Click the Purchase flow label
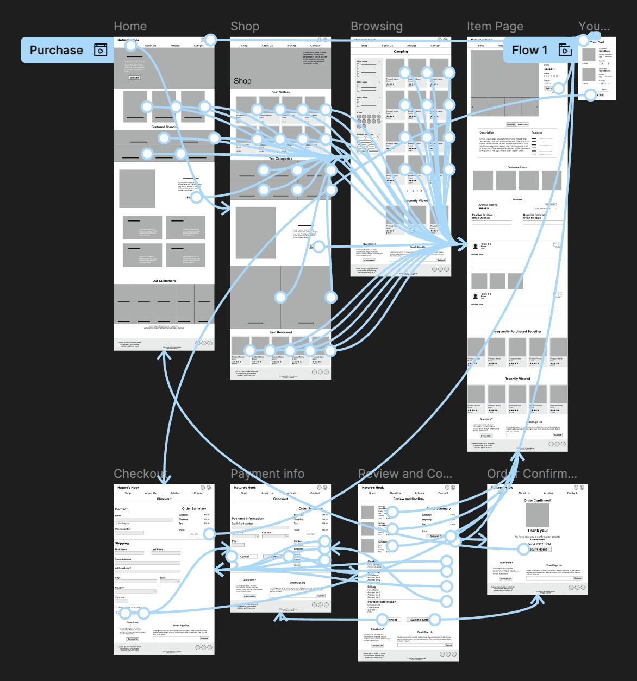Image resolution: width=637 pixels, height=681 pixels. [57, 51]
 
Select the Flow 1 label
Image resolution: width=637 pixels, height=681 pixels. [529, 51]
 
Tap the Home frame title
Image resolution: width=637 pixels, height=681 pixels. [130, 26]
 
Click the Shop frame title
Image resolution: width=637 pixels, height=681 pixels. [245, 26]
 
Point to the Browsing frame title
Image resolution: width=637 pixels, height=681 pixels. [377, 26]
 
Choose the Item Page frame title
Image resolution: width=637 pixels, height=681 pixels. [495, 26]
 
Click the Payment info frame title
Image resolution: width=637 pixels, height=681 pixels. [267, 474]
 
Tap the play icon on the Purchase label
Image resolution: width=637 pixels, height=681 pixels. [101, 51]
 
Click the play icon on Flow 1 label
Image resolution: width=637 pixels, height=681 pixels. [565, 51]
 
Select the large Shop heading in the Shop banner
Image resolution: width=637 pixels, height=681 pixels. [242, 81]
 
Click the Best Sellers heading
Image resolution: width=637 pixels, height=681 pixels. [280, 92]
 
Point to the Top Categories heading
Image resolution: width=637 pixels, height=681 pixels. [280, 159]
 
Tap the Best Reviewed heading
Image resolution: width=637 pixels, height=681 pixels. [280, 332]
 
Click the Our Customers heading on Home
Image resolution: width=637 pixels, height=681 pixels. [164, 281]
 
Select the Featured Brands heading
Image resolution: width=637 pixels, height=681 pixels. [164, 127]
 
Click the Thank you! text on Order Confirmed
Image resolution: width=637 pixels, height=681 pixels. [537, 531]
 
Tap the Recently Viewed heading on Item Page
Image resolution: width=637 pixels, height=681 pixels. [517, 379]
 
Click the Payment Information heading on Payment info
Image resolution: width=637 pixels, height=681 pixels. [247, 519]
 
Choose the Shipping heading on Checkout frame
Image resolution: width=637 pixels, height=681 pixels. [122, 543]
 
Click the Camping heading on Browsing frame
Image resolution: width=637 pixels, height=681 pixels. [401, 52]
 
